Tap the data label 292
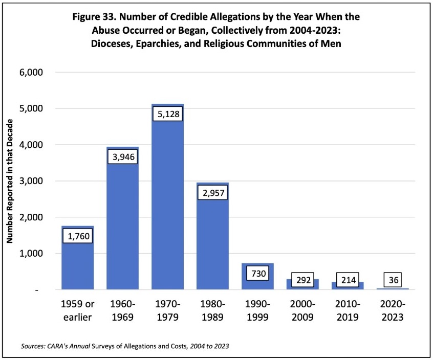(x=302, y=280)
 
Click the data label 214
(x=348, y=280)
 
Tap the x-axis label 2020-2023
(x=393, y=310)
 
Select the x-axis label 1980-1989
(x=212, y=310)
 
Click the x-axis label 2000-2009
(x=302, y=310)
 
